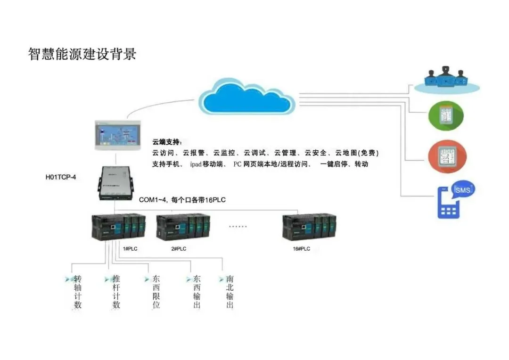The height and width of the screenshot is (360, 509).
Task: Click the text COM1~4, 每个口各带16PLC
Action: (x=182, y=200)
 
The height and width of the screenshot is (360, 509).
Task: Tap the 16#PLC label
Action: (x=302, y=248)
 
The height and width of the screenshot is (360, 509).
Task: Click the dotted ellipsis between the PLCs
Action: (x=238, y=227)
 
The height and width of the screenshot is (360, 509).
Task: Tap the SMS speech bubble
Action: (x=462, y=190)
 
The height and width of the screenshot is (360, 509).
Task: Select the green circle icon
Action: (x=445, y=116)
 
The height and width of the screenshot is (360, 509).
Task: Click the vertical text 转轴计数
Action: (x=78, y=292)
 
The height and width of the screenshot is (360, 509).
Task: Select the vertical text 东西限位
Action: (x=156, y=292)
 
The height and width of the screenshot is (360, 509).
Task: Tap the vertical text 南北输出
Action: (x=230, y=292)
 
